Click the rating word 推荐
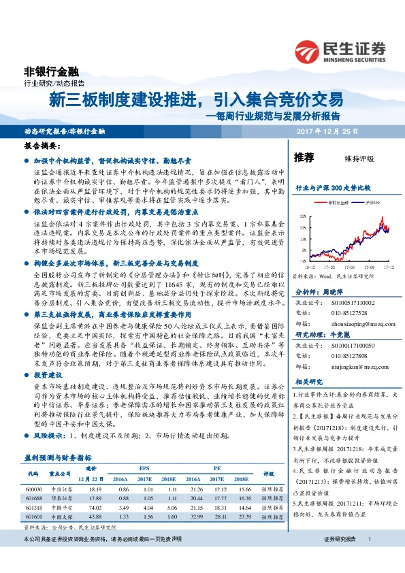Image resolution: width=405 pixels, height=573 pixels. point(304,158)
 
